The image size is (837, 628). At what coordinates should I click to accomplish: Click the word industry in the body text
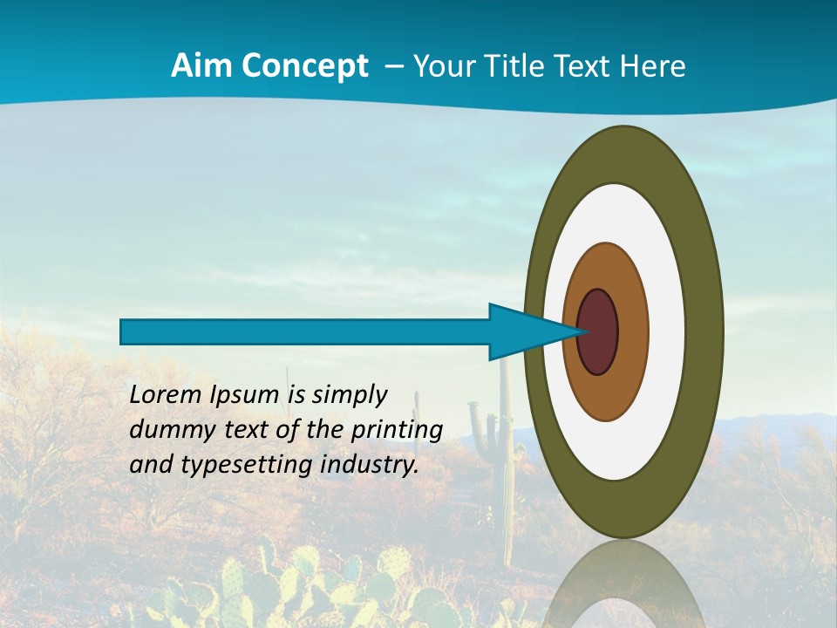pos(370,465)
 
